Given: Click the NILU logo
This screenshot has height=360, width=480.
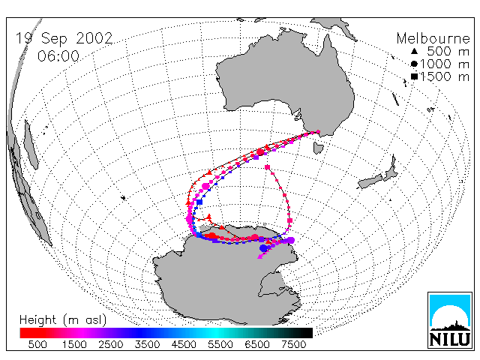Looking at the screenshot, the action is (450, 320).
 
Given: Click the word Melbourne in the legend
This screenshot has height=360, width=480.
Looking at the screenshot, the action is (433, 38).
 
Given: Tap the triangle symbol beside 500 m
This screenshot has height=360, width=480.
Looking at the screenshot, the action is (414, 51).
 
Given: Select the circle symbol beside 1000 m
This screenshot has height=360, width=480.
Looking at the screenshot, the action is (414, 64).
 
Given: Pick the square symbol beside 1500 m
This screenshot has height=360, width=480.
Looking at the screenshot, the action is (414, 76).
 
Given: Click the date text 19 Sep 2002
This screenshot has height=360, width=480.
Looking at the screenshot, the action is (64, 38).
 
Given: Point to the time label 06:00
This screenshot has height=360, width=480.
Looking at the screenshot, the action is (58, 56).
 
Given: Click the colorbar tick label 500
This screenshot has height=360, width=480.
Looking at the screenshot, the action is (37, 344).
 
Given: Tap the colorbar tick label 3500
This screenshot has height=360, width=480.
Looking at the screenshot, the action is (147, 344).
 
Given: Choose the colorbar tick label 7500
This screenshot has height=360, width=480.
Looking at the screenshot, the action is (293, 344).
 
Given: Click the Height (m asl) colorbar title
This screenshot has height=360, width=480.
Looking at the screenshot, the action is (63, 320).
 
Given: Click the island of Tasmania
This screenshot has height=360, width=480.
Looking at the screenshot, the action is (318, 148).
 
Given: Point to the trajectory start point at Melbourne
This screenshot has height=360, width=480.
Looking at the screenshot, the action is (318, 132).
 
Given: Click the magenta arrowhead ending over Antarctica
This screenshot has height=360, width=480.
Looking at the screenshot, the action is (260, 256).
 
